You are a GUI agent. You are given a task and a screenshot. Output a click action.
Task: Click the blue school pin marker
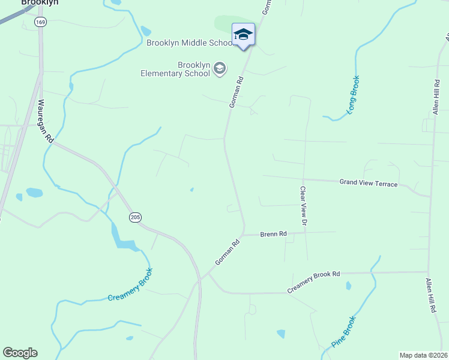coord(243,35)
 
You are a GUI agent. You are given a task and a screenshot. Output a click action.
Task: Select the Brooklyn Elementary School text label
coord(175,69)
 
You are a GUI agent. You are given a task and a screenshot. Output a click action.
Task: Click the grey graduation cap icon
coord(220,69)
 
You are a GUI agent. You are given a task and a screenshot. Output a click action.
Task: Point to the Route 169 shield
coord(40,22)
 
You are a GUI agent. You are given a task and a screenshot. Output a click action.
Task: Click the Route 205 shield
coord(134,217)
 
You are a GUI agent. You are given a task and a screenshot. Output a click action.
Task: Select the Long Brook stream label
coord(352,95)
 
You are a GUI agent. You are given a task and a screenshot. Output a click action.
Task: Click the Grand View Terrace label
coord(368,183)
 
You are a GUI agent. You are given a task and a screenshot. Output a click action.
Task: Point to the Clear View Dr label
coord(304,206)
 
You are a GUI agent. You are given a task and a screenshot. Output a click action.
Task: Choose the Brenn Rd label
coord(273,233)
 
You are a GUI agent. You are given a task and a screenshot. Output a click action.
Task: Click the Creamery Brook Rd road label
coord(313,282)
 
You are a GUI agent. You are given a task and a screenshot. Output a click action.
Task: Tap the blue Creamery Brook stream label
coord(131,285)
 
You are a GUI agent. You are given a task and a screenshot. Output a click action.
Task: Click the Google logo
coord(20,353)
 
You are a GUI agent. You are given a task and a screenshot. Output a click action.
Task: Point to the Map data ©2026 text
coord(423,355)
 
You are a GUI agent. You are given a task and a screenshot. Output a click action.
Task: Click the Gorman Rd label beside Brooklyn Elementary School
coord(236,92)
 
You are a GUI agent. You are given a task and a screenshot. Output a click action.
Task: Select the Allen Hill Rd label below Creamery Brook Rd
coord(431,295)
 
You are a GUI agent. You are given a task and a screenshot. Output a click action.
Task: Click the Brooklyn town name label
coord(40,2)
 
